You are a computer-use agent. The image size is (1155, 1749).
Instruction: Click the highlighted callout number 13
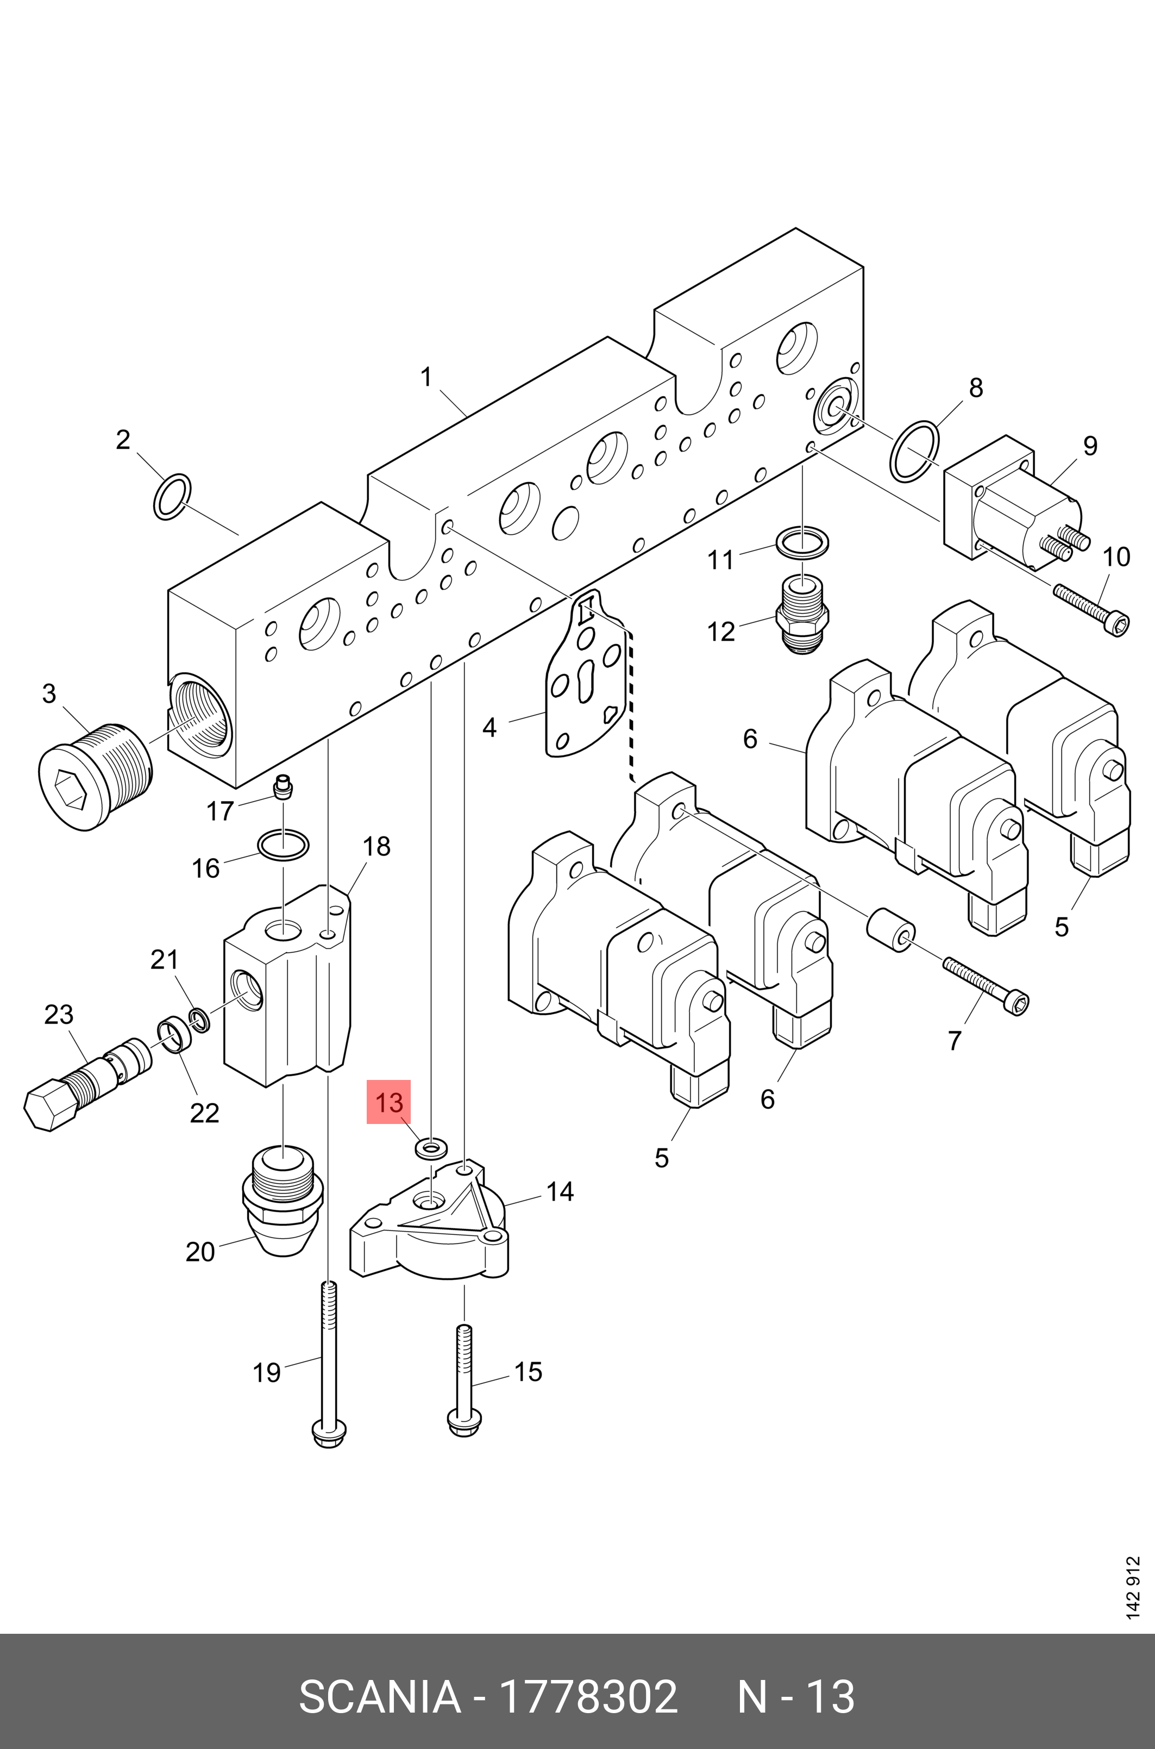[x=388, y=1102]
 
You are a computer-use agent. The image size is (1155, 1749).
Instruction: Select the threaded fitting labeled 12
[x=802, y=614]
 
